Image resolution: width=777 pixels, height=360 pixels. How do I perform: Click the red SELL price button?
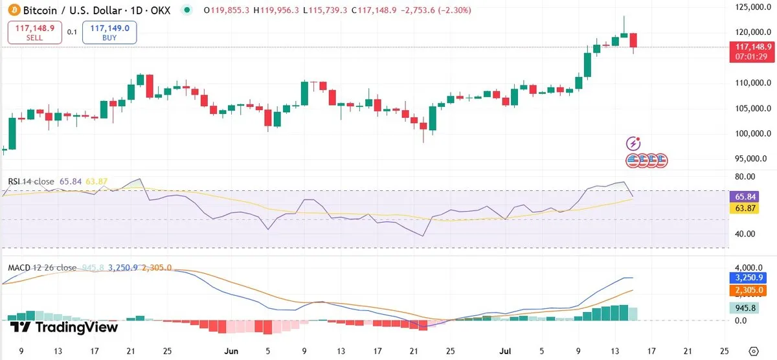click(35, 32)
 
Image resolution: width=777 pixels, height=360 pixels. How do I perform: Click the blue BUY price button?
click(109, 32)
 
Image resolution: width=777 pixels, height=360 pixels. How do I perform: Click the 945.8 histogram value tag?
click(742, 308)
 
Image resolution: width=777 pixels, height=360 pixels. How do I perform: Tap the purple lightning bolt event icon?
click(634, 143)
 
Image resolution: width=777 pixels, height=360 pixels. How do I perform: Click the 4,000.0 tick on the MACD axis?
click(748, 267)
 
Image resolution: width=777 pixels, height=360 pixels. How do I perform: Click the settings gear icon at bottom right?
click(753, 351)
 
